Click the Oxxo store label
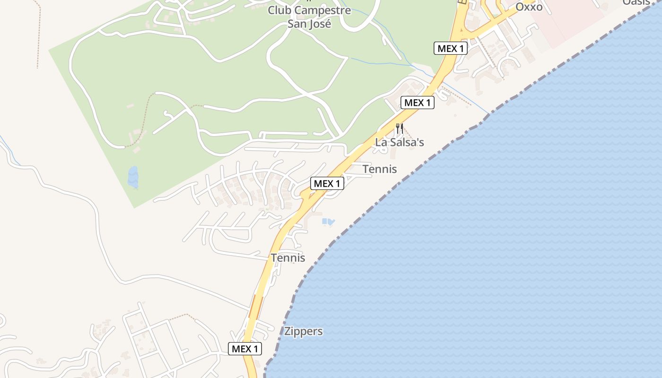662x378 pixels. point(529,7)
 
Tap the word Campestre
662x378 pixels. point(323,10)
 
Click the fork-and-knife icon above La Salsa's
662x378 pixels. point(400,128)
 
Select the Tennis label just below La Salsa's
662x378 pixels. point(380,169)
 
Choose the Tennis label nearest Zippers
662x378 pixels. point(288,258)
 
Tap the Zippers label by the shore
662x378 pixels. point(304,331)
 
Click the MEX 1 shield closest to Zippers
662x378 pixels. point(245,349)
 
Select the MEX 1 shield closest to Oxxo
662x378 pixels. point(451,48)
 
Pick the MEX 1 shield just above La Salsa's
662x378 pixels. point(418,103)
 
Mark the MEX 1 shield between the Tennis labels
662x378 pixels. point(327,183)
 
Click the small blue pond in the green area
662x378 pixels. point(133,177)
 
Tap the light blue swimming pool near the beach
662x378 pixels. point(328,221)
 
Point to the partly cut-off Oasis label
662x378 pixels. point(636,2)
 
